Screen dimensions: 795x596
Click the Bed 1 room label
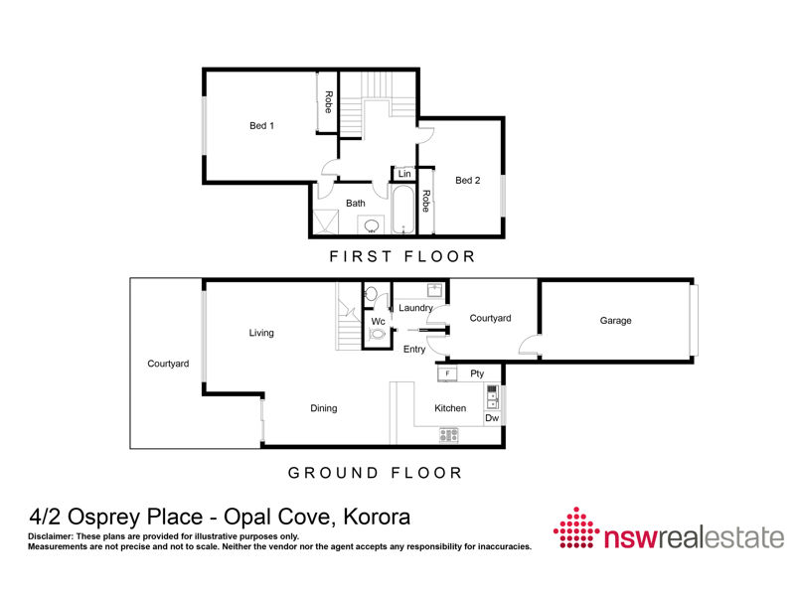tap(261, 126)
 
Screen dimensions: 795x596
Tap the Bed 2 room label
tap(467, 180)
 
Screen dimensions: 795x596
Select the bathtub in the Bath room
tap(403, 210)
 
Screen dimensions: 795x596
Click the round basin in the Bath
tap(372, 225)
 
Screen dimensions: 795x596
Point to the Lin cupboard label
tap(404, 174)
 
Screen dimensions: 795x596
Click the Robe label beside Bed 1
tap(328, 102)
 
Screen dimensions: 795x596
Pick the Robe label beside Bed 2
tap(426, 201)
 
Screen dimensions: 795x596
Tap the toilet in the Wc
tap(378, 334)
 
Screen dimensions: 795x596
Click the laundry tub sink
tap(435, 290)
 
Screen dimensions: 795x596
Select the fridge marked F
tap(447, 374)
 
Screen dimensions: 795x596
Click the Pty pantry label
tap(477, 373)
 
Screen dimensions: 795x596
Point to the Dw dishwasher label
tap(492, 418)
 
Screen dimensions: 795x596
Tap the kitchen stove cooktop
tap(449, 434)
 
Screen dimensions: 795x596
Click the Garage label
tap(615, 320)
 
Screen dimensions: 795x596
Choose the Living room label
tap(261, 333)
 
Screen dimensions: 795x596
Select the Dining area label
tap(324, 408)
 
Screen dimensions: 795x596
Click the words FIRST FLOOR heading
tap(402, 256)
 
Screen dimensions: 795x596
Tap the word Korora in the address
tap(377, 517)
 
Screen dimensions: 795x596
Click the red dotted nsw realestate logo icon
tap(576, 527)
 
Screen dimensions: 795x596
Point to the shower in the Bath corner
tap(326, 222)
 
